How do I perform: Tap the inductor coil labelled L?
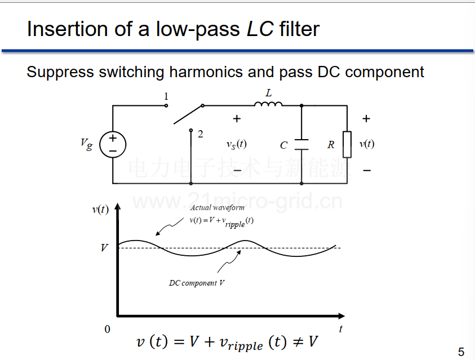pos(268,104)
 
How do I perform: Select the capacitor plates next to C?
pos(301,145)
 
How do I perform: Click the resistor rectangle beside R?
pos(347,144)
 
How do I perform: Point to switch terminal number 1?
pos(166,106)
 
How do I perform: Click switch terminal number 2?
pos(191,130)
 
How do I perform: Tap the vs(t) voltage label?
pos(237,144)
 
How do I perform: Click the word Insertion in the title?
pos(67,29)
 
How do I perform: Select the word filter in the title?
pos(299,29)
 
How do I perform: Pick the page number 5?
pos(461,352)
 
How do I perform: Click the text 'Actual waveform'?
pos(217,207)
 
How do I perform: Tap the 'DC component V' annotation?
pos(197,283)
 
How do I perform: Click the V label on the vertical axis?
pos(104,248)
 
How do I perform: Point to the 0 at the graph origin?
pos(107,329)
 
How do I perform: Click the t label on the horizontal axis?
pos(341,329)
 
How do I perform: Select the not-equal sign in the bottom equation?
pos(298,342)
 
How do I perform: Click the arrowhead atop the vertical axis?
pos(118,206)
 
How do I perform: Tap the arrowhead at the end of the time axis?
pos(341,316)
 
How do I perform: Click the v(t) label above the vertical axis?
pos(100,209)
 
